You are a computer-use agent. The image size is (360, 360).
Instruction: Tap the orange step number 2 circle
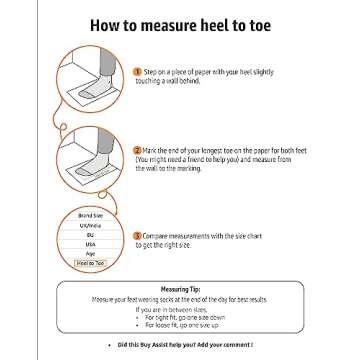(137, 148)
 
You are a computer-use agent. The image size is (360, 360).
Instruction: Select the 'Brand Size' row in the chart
(83, 216)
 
